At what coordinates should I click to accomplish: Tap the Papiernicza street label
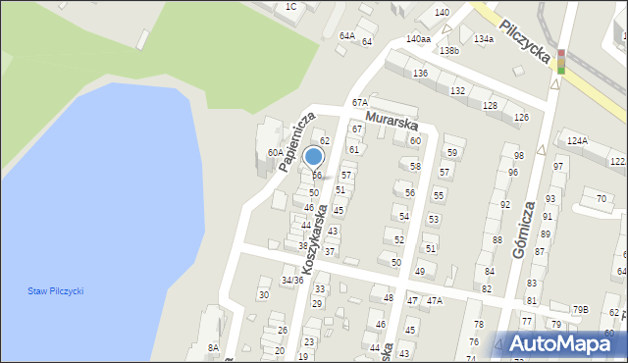tap(295, 140)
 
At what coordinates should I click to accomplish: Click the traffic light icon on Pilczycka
tap(561, 61)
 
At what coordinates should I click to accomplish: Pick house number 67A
tap(360, 103)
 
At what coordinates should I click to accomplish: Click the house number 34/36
tap(291, 281)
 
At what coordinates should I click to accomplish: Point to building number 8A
tap(212, 347)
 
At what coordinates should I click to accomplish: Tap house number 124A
tap(577, 141)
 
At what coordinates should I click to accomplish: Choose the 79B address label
tap(581, 310)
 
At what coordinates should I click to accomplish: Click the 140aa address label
tap(418, 38)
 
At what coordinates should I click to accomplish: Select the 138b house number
tap(449, 50)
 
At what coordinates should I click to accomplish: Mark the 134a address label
tap(483, 39)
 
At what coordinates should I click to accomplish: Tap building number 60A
tap(275, 153)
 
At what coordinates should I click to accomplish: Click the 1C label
tap(290, 7)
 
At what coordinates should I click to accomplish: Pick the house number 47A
tap(433, 300)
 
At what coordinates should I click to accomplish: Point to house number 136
tap(420, 75)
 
